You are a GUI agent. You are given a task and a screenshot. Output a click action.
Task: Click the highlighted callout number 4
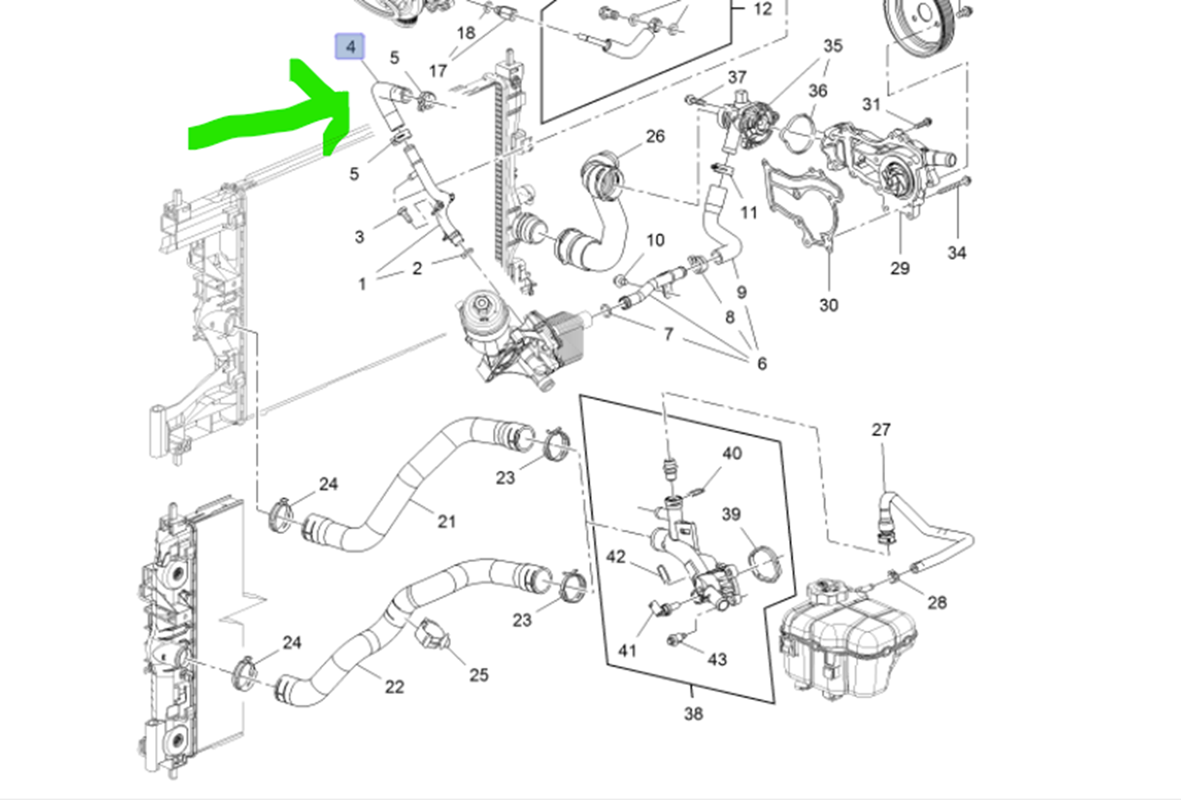pos(350,46)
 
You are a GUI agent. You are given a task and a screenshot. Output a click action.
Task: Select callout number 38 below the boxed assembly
pos(693,713)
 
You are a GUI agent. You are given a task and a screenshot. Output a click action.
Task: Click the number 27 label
pos(881,429)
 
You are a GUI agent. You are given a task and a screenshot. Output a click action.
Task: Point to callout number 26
pos(655,136)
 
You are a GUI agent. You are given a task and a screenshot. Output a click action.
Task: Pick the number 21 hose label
pos(446,521)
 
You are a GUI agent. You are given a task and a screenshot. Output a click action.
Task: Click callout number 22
pos(394,687)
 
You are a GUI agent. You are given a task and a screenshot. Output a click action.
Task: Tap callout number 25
pos(479,675)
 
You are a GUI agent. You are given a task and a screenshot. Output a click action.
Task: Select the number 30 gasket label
pos(828,305)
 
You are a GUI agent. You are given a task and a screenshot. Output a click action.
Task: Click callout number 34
pos(956,253)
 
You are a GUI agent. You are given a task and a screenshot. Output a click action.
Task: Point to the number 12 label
pos(762,9)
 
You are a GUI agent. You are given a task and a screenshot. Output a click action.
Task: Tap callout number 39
pos(731,514)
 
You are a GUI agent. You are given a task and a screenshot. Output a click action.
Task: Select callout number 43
pos(716,659)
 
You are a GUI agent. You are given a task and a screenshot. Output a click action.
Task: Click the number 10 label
pos(655,240)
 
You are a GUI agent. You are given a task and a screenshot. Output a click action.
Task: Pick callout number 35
pos(833,46)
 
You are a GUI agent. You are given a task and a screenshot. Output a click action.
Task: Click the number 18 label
pos(466,33)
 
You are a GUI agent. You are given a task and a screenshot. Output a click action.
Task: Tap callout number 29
pos(900,269)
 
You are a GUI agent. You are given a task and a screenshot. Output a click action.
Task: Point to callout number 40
pos(731,454)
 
